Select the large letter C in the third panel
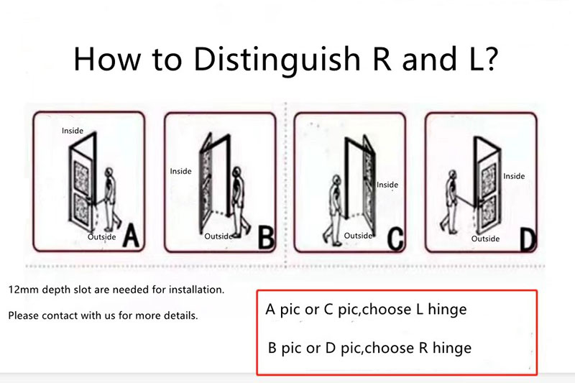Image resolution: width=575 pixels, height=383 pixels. pos(395,239)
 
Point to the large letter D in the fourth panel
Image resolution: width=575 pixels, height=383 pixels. pos(528,240)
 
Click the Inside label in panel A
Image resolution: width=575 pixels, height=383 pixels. pos(73,131)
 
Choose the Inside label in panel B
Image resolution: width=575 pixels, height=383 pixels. pos(180,171)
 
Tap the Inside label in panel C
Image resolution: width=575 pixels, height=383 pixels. pos(387,185)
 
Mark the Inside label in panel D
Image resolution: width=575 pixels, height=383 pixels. pos(514,176)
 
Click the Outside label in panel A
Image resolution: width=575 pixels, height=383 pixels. pos(101,236)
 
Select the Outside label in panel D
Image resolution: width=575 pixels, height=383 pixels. pos(485,239)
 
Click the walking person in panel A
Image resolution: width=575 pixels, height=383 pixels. pos(111,200)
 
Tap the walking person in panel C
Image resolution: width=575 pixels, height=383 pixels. pos(333,210)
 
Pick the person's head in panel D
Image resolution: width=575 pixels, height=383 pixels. pos(453,175)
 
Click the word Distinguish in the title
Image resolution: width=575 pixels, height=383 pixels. pos(277,59)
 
